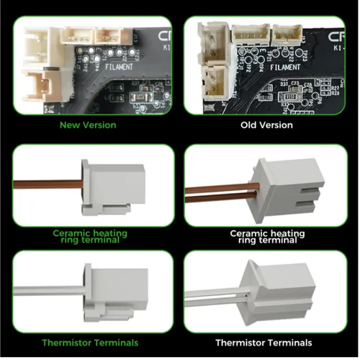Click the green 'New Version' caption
tap(89, 125)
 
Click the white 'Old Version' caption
tap(266, 125)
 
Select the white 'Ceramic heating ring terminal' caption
tap(266, 237)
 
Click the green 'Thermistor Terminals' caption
tap(89, 343)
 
